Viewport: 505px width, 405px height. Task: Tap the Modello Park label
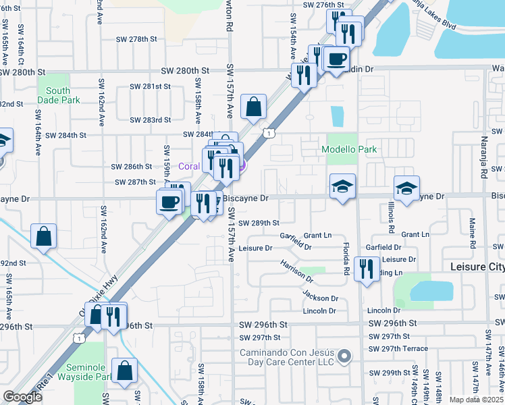[x=348, y=149]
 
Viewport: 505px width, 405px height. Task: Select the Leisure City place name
[x=477, y=267]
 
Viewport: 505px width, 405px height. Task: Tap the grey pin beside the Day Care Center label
[x=345, y=356]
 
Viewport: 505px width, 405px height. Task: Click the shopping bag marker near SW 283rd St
[x=253, y=107]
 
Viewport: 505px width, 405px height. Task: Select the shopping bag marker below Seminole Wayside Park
[x=124, y=371]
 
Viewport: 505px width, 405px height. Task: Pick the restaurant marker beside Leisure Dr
[x=367, y=269]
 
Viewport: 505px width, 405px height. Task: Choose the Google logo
[x=23, y=397]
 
